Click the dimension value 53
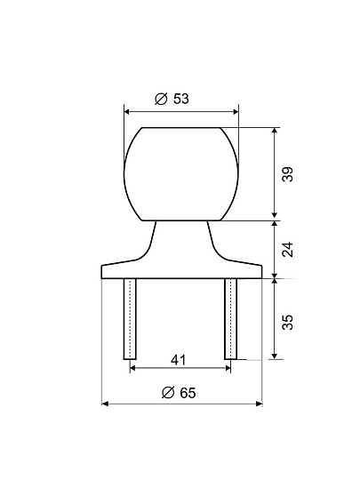tap(181, 99)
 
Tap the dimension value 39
tap(287, 174)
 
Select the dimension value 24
tap(287, 249)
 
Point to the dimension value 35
tap(287, 322)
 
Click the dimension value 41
tap(178, 360)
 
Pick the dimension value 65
tap(188, 393)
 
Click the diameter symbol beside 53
tap(161, 99)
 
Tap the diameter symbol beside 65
tap(168, 393)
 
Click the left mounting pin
tap(130, 319)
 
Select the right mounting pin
tap(230, 319)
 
